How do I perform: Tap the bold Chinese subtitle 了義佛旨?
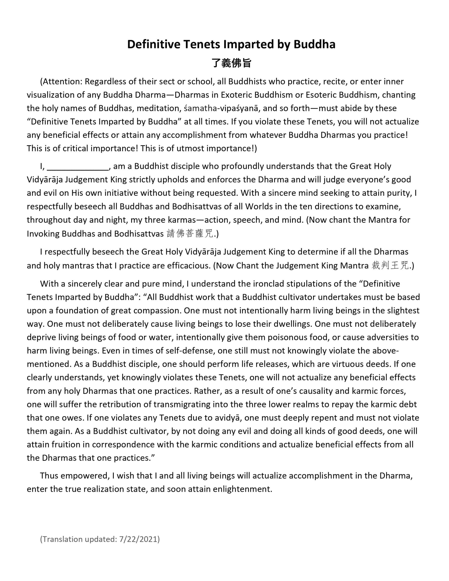tap(231, 63)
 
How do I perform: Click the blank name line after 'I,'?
tap(78, 167)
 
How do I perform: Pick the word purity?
tap(399, 193)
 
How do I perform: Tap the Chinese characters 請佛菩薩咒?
tap(190, 234)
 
